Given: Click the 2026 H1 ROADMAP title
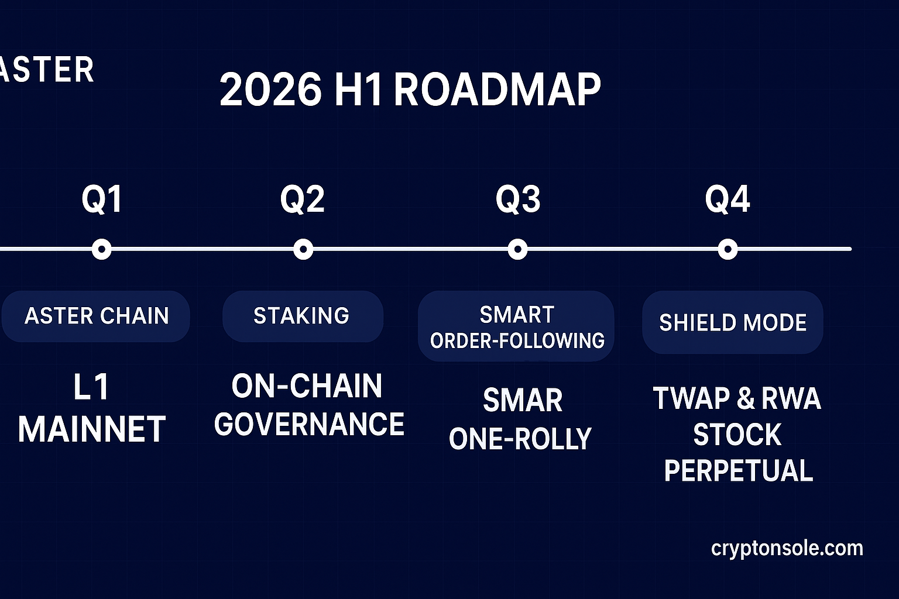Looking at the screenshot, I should (410, 90).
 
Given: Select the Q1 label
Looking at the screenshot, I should (102, 199).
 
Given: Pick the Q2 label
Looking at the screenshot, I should (302, 199).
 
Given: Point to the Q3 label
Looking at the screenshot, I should (518, 199).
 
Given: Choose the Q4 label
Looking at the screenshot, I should (727, 199).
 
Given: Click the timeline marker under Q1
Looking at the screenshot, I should (102, 249).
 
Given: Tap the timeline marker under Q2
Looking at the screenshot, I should (303, 249).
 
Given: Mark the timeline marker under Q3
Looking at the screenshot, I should (517, 249).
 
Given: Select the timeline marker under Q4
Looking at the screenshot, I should (728, 249).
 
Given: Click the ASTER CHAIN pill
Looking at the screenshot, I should (96, 316).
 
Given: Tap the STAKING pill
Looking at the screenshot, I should (302, 316).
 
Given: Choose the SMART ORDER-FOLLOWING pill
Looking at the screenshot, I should (516, 326).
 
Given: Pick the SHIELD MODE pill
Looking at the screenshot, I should (733, 322).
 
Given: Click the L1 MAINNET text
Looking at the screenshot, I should (92, 408).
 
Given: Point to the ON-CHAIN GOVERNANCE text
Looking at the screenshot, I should (308, 405).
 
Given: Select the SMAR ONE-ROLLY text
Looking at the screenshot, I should (520, 419).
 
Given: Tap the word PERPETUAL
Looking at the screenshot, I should (738, 471).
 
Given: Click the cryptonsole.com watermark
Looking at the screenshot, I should (787, 548).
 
